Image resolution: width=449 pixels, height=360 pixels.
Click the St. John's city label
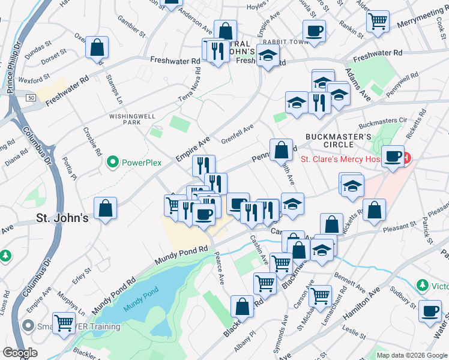coord(62,218)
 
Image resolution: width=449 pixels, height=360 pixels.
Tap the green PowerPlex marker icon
coord(112,162)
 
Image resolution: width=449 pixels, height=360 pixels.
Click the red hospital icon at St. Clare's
coord(406,159)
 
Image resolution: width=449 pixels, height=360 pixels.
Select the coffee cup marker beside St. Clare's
coord(393,157)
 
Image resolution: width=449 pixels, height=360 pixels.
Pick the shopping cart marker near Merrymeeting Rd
coord(378,21)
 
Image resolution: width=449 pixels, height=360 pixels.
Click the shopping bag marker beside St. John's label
coord(106,209)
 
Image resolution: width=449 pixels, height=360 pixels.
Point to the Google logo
coord(20,353)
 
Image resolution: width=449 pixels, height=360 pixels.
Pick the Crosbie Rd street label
coord(92,142)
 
